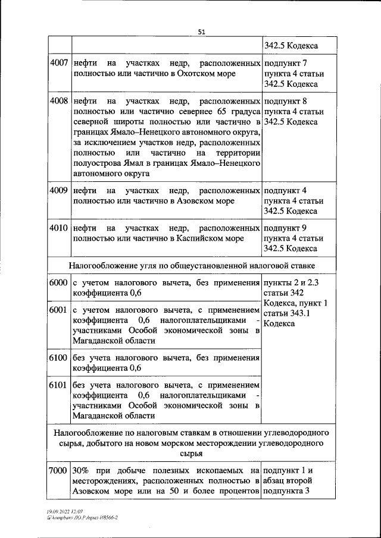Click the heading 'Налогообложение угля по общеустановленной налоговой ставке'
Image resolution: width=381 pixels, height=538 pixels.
[x=192, y=265]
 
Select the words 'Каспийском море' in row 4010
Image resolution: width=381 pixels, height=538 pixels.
[x=210, y=238]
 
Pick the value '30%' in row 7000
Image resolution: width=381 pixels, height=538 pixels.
[x=81, y=471]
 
